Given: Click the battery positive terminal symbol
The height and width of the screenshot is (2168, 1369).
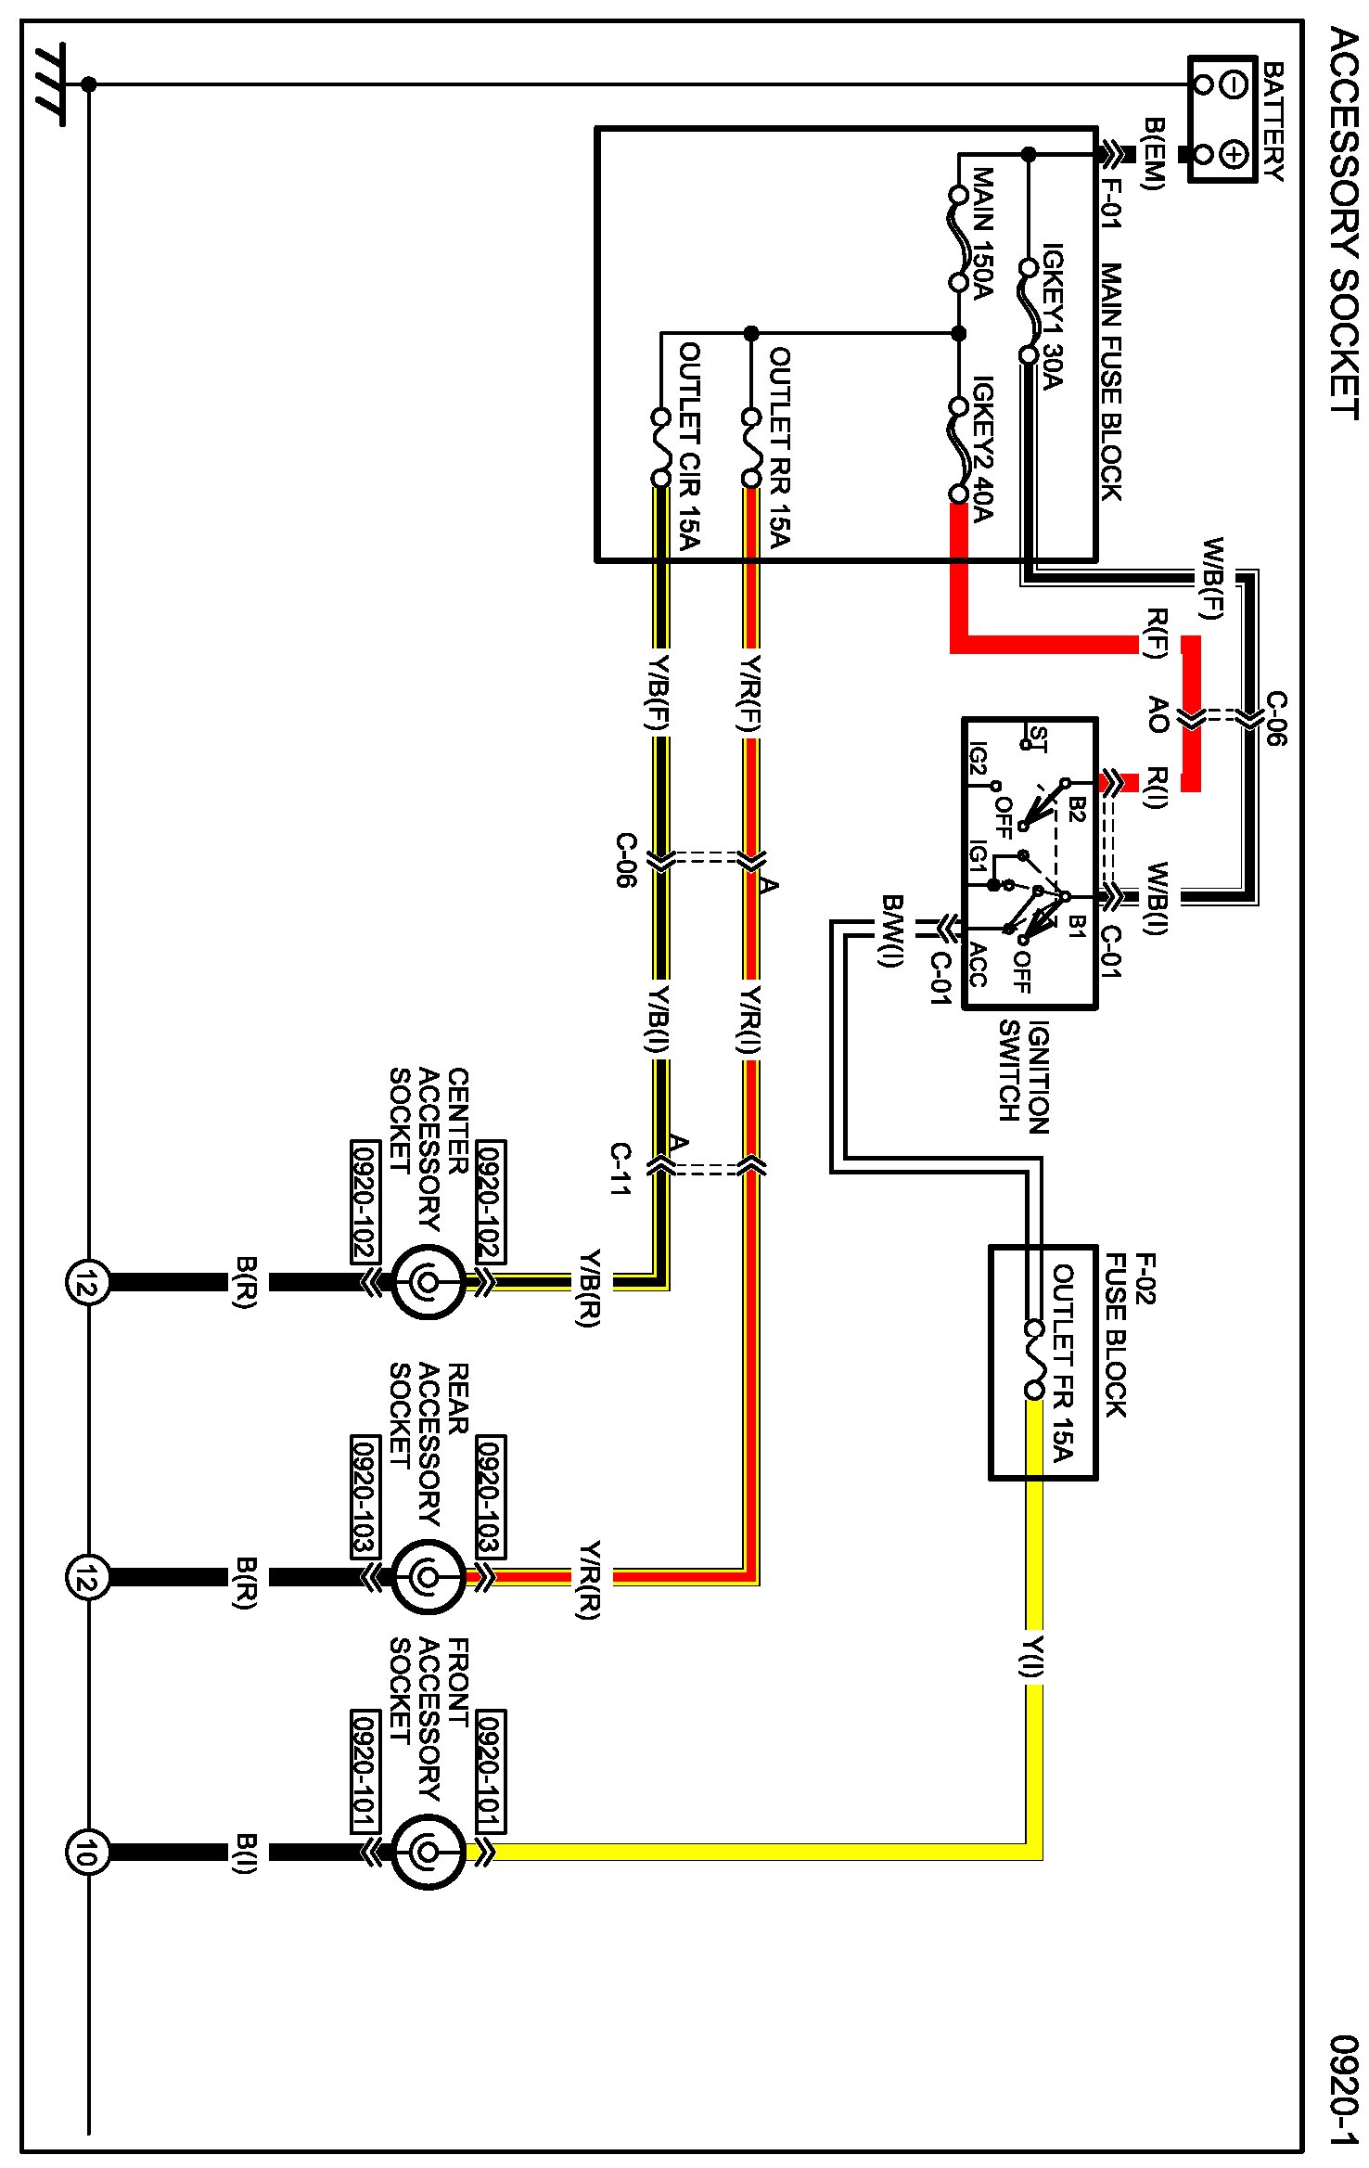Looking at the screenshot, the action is tap(1234, 154).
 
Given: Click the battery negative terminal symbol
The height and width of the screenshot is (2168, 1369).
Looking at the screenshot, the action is tap(1234, 84).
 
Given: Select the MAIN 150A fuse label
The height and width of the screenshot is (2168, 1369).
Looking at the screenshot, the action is tap(982, 234).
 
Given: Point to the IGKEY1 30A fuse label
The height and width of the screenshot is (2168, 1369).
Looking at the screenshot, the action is tap(1052, 316).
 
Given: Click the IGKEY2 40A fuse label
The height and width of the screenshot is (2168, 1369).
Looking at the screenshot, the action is tap(982, 449).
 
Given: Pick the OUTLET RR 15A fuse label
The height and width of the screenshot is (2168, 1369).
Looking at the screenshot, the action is tap(780, 446).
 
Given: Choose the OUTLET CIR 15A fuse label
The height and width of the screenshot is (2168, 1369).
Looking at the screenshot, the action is tap(689, 446).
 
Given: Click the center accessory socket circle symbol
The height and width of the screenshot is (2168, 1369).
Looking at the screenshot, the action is tap(427, 1283).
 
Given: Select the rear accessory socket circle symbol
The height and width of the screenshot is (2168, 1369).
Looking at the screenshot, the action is tap(427, 1577).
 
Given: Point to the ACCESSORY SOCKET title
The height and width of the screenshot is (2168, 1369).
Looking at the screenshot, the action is tap(1344, 223).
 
